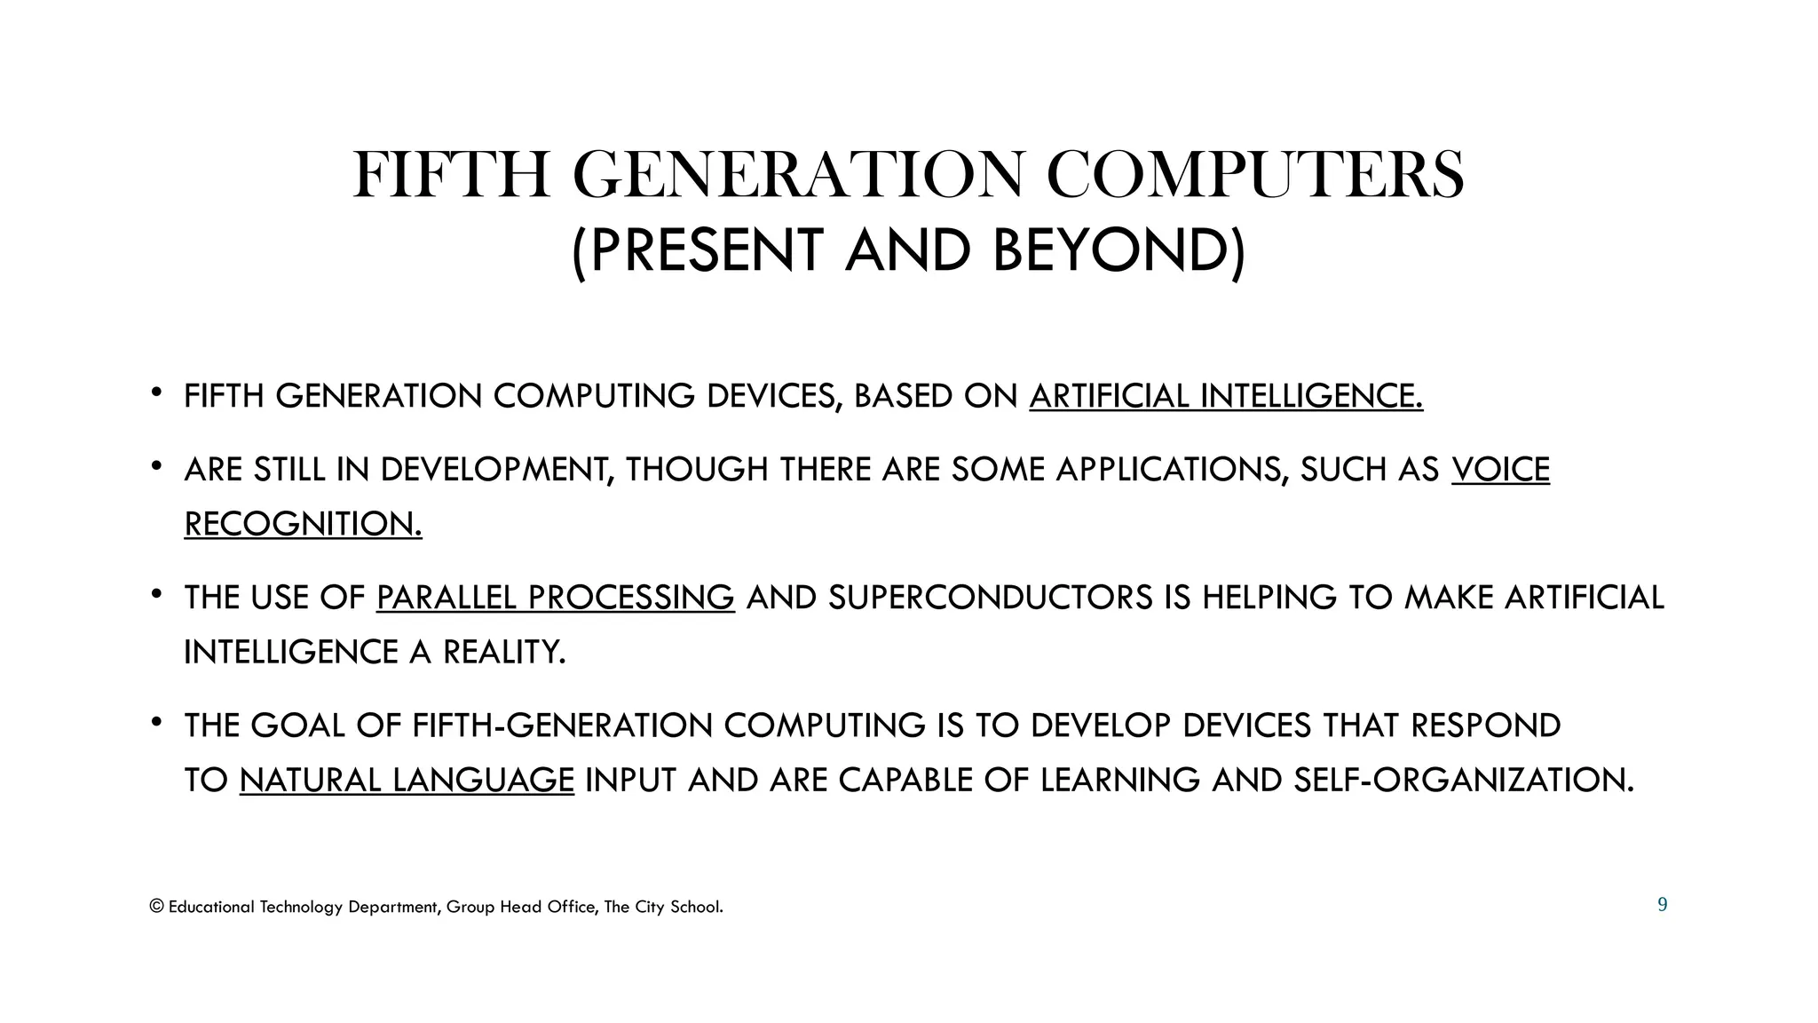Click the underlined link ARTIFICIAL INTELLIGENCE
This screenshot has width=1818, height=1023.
pos(1226,396)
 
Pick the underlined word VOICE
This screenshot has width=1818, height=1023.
pos(1500,469)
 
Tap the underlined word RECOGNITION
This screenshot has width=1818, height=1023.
pos(303,524)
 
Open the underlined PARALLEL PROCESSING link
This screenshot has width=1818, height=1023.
pos(555,598)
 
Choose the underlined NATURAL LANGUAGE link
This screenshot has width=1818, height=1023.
pos(407,781)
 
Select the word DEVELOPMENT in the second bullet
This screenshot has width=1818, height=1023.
pos(497,469)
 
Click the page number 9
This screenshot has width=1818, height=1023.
pos(1662,905)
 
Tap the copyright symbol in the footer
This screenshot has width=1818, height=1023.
pos(157,907)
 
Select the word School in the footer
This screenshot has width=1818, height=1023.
pos(696,907)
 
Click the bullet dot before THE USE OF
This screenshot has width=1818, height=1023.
pos(156,592)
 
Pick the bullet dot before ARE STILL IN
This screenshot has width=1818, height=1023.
pos(156,464)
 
